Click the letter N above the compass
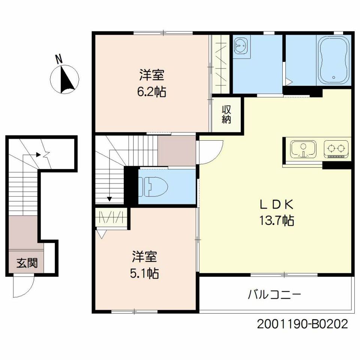click(x=59, y=59)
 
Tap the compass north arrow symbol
click(x=64, y=79)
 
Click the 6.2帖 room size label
click(x=151, y=92)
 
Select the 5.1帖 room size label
click(x=144, y=273)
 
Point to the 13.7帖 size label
click(x=277, y=220)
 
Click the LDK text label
click(x=277, y=205)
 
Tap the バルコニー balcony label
click(x=274, y=295)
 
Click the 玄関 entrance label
click(x=27, y=263)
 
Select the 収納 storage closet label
click(x=226, y=114)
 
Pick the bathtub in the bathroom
click(x=334, y=60)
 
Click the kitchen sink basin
click(x=303, y=149)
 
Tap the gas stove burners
click(x=336, y=149)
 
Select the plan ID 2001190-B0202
click(x=302, y=324)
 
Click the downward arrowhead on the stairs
click(x=109, y=199)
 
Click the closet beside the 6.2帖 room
click(x=220, y=64)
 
